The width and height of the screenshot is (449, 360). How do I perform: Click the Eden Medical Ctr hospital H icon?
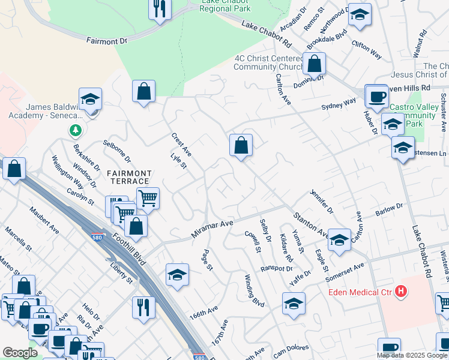[402, 292]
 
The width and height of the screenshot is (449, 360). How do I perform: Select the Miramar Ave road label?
[212, 227]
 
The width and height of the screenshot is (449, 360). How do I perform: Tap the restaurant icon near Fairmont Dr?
[160, 9]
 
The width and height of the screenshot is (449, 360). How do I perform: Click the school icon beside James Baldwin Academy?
[90, 99]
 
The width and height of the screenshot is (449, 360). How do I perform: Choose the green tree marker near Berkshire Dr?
[75, 129]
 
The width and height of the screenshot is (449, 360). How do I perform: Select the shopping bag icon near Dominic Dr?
[314, 63]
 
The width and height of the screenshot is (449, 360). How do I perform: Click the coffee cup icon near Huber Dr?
[377, 96]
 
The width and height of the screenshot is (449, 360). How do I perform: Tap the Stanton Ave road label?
[310, 224]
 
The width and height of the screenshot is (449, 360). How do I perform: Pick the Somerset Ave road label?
[345, 272]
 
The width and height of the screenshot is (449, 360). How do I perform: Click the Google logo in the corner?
[20, 353]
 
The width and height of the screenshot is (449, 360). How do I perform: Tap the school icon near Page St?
[177, 275]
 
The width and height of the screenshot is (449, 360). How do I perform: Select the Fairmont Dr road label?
[107, 41]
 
